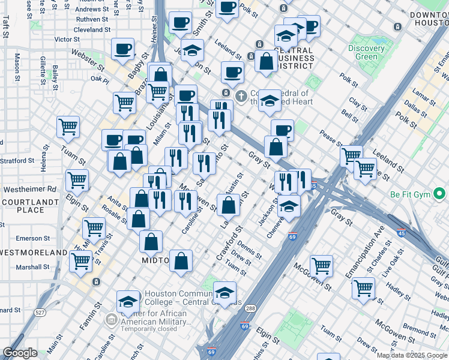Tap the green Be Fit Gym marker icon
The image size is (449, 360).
coord(439,194)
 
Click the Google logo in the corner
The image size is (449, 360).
coord(20,353)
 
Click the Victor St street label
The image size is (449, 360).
coord(67,39)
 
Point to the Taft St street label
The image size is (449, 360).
coord(5,28)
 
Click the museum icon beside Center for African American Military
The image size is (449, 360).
coord(110,320)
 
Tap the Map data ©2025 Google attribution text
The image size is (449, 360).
coord(412,355)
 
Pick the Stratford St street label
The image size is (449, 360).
coord(17,161)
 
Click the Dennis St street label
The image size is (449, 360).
coord(249,249)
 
